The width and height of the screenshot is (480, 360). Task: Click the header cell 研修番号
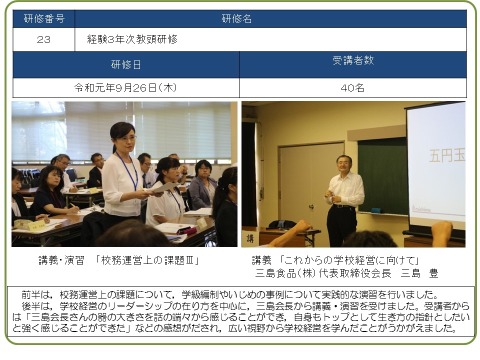[x=44, y=19]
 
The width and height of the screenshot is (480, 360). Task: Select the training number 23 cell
[x=44, y=39]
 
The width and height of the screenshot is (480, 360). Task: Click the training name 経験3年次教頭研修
[x=132, y=39]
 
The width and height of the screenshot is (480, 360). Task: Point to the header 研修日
[x=126, y=65]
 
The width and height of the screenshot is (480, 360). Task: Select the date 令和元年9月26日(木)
[x=126, y=88]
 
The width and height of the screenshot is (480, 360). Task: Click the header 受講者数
[x=353, y=60]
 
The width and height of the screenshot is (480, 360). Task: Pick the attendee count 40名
[x=352, y=88]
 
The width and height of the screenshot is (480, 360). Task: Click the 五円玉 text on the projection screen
[x=447, y=156]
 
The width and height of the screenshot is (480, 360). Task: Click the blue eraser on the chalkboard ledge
[x=376, y=210]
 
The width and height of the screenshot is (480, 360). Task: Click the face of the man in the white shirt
[x=343, y=165]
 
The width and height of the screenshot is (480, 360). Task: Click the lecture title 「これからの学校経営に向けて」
[x=349, y=260]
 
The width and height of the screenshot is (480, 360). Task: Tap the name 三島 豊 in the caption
[x=419, y=273]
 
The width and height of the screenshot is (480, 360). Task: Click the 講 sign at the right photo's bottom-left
[x=250, y=238]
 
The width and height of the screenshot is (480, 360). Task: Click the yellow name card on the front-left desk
[x=37, y=226]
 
